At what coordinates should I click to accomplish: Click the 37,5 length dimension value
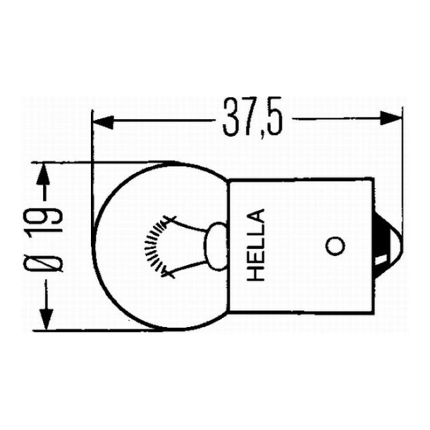point(252,121)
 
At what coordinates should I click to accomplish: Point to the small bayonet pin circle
point(335,246)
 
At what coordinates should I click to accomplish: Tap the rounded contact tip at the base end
point(389,247)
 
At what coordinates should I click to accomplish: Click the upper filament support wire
point(186,226)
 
